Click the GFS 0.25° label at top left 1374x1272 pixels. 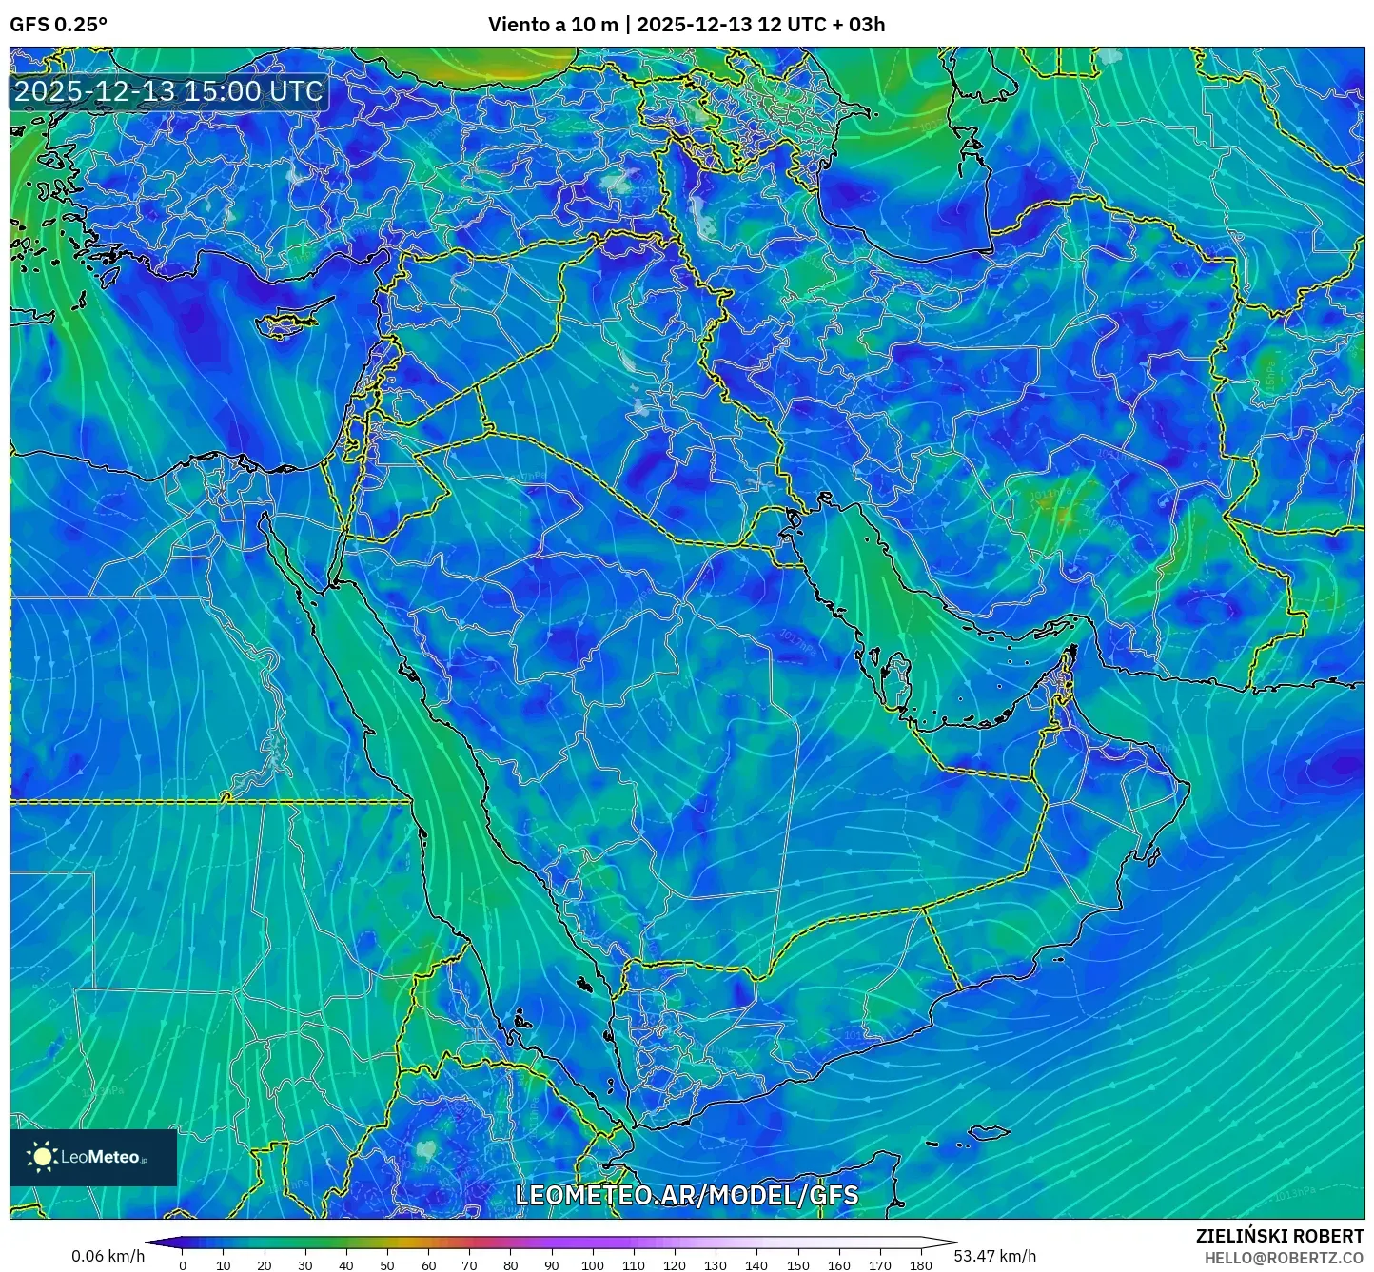tap(58, 25)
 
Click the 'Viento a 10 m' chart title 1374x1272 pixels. tap(553, 25)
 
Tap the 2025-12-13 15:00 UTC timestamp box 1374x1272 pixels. tap(168, 92)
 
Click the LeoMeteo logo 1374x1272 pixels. tap(93, 1157)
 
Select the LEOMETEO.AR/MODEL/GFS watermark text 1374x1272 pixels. tap(686, 1196)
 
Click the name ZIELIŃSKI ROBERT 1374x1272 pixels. tap(1279, 1236)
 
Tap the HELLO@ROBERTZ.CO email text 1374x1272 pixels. tap(1284, 1258)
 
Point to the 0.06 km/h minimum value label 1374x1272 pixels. tap(108, 1256)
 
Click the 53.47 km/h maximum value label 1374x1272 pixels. tap(995, 1256)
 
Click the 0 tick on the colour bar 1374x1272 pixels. tap(183, 1265)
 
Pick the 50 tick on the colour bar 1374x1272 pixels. tap(387, 1265)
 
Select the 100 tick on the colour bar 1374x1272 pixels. tap(592, 1265)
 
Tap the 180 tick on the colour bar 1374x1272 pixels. tap(920, 1265)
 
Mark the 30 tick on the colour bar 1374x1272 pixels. tap(305, 1265)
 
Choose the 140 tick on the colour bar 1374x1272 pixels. tap(756, 1265)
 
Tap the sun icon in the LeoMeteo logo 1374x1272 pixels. tap(42, 1157)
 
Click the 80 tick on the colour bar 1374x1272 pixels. tap(511, 1265)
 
